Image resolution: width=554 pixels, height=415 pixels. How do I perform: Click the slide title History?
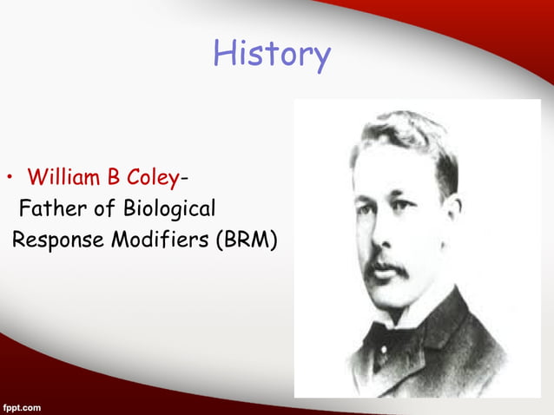tap(272, 56)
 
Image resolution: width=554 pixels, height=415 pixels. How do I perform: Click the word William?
tap(63, 179)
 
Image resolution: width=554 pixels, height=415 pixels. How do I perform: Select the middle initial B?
tap(114, 179)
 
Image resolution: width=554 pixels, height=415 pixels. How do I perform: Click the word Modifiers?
tap(162, 239)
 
